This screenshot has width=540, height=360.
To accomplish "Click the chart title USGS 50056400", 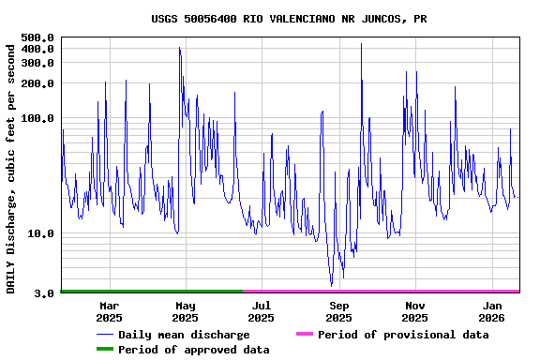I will [x=289, y=19].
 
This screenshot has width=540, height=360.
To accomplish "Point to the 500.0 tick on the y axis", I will [x=37, y=37].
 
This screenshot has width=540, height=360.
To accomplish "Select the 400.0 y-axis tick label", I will [x=37, y=49].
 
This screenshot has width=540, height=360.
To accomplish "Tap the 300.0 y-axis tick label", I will [x=37, y=63].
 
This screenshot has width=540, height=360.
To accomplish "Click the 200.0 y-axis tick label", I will [x=37, y=83].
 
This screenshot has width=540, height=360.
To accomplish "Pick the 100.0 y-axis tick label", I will [x=37, y=118].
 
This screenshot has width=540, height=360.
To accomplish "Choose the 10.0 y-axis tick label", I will [x=40, y=233].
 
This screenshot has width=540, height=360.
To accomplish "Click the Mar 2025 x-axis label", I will [x=109, y=311].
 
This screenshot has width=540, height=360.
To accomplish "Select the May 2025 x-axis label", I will [x=186, y=311].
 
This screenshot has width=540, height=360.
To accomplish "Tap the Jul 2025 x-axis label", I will [x=262, y=311].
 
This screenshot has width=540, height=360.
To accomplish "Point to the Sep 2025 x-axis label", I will [x=338, y=311].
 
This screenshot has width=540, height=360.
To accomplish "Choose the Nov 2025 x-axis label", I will [x=415, y=311].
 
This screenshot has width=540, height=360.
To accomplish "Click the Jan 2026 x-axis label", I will [x=492, y=311].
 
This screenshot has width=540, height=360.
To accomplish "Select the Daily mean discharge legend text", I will [x=184, y=335].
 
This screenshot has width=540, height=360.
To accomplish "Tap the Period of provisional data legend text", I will [x=403, y=335].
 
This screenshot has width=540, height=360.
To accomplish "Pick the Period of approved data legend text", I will [x=194, y=350].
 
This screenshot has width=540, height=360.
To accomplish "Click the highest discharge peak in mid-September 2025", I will [x=361, y=43].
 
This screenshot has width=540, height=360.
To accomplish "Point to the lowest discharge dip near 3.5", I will [x=331, y=285].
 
